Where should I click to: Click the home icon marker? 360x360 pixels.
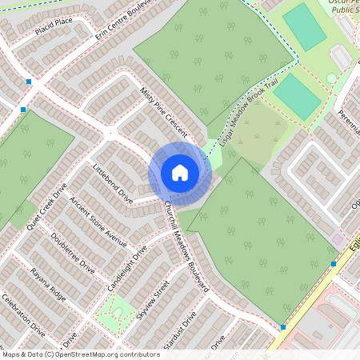pyautogui.click(x=179, y=172)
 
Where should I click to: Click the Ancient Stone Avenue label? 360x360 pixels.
pyautogui.click(x=98, y=222)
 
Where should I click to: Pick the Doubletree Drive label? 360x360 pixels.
pyautogui.click(x=72, y=254)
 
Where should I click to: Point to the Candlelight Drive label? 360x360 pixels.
pyautogui.click(x=128, y=266)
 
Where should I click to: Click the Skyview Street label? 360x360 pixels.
pyautogui.click(x=154, y=299)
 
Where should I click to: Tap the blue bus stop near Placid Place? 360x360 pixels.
pyautogui.click(x=29, y=82)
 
